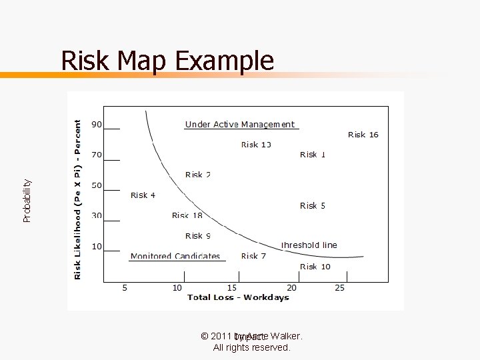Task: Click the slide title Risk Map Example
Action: [x=167, y=61]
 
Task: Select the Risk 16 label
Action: [x=363, y=135]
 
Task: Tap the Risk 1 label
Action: [x=313, y=155]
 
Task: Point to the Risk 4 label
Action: [x=143, y=195]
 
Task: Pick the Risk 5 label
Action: [x=313, y=206]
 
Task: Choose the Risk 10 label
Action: [x=315, y=267]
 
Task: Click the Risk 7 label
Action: [x=253, y=256]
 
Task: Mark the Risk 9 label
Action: [x=198, y=236]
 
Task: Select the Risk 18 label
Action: [x=187, y=215]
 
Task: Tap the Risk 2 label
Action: [x=198, y=175]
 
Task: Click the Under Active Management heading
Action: [x=239, y=125]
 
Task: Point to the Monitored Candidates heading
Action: [x=175, y=256]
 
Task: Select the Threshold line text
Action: [x=309, y=245]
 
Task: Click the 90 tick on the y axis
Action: [x=97, y=124]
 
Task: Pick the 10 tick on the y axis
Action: [x=97, y=247]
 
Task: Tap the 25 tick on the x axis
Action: [x=339, y=288]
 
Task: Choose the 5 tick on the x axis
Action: [x=125, y=288]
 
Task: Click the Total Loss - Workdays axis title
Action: [x=238, y=297]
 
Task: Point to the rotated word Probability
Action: [x=27, y=201]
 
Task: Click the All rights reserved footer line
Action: [x=251, y=347]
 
